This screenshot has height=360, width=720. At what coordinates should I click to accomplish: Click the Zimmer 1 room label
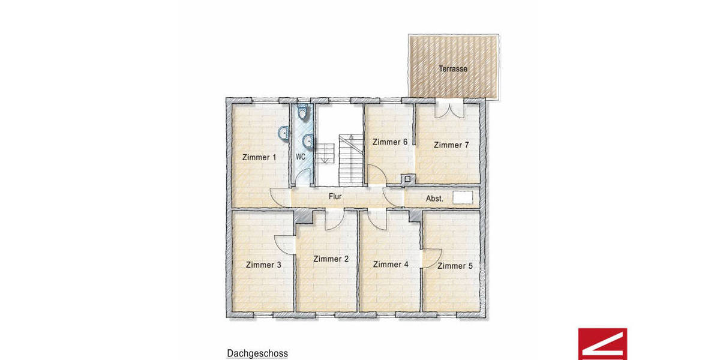point(259,158)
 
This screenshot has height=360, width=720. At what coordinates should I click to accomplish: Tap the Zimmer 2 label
point(331,259)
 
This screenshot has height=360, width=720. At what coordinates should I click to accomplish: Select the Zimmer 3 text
point(263,265)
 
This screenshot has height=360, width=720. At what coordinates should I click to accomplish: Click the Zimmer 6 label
point(390,142)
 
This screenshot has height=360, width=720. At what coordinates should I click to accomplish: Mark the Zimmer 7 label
point(451,145)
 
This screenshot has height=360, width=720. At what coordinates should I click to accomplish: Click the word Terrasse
point(453,69)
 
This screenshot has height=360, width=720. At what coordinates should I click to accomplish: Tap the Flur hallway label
point(335,196)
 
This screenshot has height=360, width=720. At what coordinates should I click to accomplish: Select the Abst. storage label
point(434,199)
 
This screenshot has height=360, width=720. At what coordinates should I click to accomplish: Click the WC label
point(301,157)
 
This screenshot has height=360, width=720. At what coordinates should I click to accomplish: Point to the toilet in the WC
point(303,112)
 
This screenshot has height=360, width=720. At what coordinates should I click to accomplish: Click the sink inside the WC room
point(307,142)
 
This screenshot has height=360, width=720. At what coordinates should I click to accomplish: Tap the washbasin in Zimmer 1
point(283,133)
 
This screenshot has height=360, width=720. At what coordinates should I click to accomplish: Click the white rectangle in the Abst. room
point(463,196)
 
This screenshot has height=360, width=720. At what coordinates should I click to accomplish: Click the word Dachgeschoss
point(257,354)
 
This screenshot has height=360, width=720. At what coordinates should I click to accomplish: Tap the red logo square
point(602,344)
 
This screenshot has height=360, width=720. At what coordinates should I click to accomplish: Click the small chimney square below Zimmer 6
point(408,178)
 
